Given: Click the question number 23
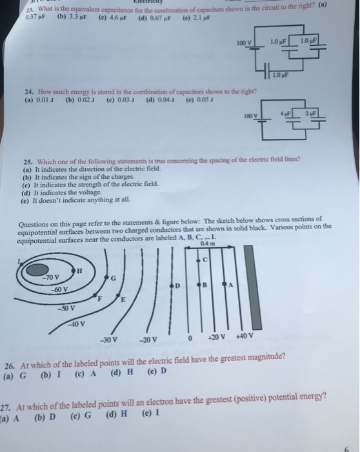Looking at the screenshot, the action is point(29,10).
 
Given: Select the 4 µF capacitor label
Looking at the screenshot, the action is point(286,114).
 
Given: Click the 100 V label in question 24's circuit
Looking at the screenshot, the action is point(250,116).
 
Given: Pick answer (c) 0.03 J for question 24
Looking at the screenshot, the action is point(120,100).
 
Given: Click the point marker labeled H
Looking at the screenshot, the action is point(73,271).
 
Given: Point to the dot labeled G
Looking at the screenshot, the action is point(106,278).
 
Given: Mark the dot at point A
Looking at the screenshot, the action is point(225,284).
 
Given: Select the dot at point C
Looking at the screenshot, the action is point(198,261).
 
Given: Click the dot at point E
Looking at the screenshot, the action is point(118,295).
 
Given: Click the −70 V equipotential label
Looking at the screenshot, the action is point(51,278).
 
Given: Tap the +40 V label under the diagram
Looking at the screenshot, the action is point(245,336).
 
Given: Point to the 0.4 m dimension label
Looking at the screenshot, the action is point(208,243).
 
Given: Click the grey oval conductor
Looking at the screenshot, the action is point(37,270).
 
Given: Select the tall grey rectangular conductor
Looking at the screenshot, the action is point(253,287).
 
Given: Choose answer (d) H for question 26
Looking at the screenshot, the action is point(122,372).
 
